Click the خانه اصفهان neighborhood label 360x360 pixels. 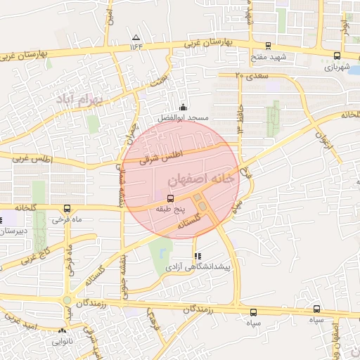pyautogui.click(x=200, y=181)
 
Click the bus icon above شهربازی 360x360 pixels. pyautogui.click(x=337, y=56)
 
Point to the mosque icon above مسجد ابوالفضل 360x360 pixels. pyautogui.click(x=184, y=107)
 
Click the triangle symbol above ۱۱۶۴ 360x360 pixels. pyautogui.click(x=136, y=37)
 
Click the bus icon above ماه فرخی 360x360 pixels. pyautogui.click(x=67, y=208)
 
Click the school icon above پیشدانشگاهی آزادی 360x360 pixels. pyautogui.click(x=196, y=256)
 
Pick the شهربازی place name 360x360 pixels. pyautogui.click(x=337, y=67)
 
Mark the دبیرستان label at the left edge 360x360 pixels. pyautogui.click(x=13, y=231)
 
